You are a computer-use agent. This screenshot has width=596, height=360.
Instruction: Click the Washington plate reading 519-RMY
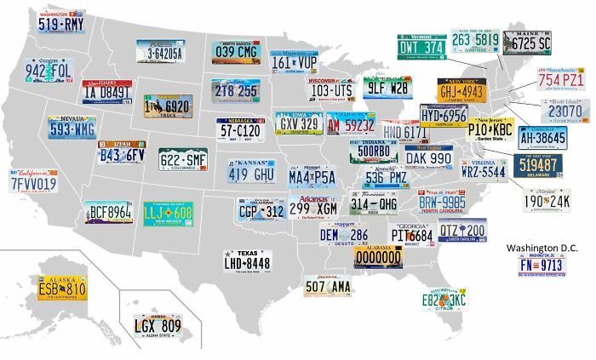point(61,22)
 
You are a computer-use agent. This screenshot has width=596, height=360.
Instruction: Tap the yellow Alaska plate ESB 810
point(62,288)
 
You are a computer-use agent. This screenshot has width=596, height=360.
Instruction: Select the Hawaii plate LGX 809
point(158,324)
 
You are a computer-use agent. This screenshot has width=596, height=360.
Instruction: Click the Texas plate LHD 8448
point(247,261)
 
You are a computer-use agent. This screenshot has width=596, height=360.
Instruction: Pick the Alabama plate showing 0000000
point(378,256)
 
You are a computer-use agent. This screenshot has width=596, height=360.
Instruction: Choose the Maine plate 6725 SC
point(527,43)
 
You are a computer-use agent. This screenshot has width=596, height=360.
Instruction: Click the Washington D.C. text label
point(542,248)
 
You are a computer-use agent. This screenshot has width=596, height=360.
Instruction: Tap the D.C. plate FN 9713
point(542,265)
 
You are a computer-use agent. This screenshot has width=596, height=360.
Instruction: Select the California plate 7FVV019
point(33,181)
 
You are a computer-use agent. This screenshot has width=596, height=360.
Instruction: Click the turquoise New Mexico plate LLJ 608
point(168,213)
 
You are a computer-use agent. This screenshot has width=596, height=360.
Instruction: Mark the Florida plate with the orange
point(444,299)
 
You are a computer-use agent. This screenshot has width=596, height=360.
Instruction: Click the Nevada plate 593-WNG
point(72,128)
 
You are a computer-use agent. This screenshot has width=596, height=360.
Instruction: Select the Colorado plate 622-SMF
point(183,159)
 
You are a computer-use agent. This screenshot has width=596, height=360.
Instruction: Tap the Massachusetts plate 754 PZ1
point(560,77)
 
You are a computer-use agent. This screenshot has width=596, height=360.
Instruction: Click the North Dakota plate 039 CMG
point(235,51)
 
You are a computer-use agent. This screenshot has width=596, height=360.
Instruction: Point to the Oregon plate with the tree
point(48,69)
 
